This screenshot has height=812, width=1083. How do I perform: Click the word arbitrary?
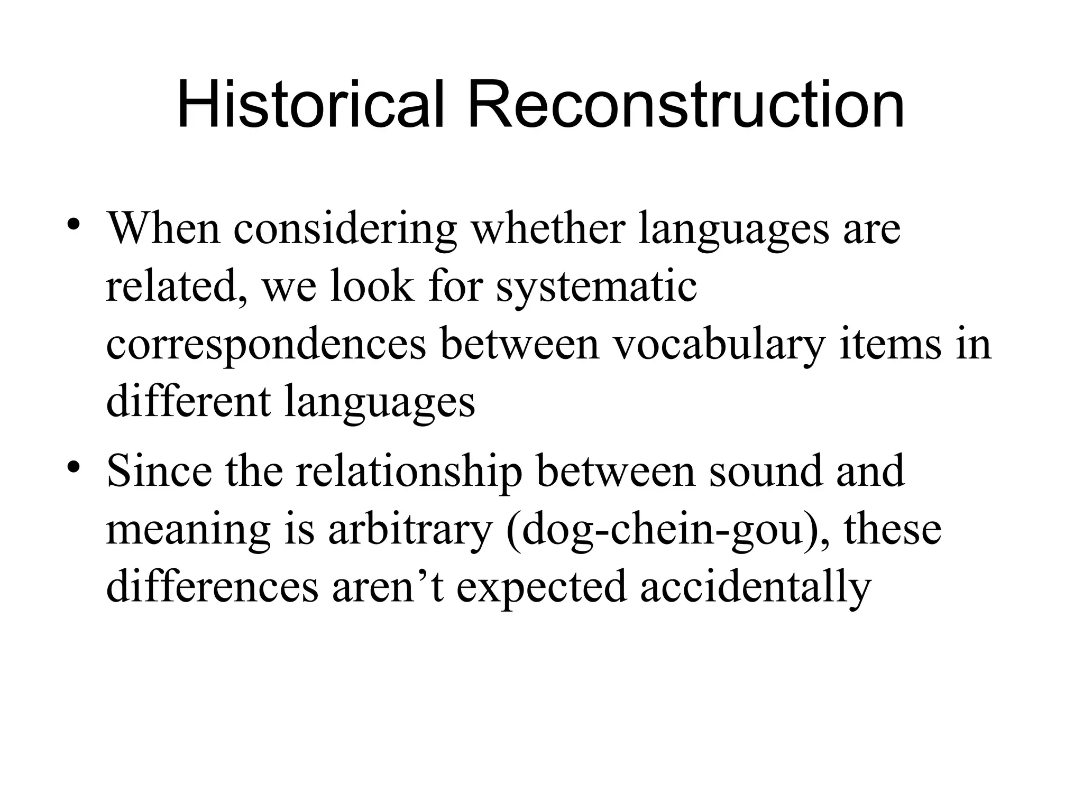[410, 530]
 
